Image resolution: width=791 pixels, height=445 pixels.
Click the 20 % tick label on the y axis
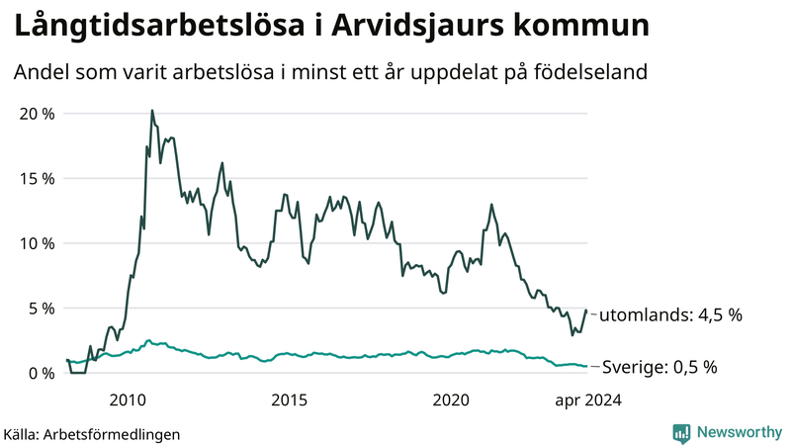(37, 114)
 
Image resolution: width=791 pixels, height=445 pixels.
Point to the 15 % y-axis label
(37, 179)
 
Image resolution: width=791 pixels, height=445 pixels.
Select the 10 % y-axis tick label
(37, 243)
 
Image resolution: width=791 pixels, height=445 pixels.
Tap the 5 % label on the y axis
(42, 309)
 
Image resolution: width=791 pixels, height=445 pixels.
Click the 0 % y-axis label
(42, 373)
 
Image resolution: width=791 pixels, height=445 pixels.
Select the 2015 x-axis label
(290, 400)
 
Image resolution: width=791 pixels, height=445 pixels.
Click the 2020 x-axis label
(451, 400)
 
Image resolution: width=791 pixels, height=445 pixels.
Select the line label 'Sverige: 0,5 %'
(659, 367)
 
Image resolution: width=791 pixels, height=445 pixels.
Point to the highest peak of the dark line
(151, 111)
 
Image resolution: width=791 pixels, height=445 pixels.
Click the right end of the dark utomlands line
(586, 311)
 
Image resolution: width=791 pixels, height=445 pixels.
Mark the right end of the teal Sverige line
(586, 366)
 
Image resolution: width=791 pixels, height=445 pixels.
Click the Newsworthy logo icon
(681, 432)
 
